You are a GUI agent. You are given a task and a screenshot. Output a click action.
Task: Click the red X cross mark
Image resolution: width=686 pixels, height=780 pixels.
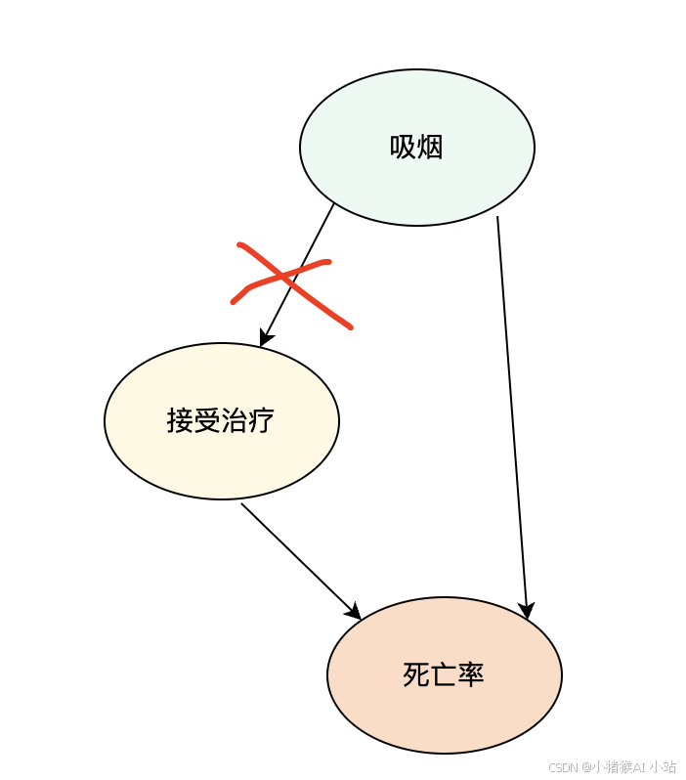[x=291, y=283]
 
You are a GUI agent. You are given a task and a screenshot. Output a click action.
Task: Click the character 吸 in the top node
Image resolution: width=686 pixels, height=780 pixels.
[x=404, y=148]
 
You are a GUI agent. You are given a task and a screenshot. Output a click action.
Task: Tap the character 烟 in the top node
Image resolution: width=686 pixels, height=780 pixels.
[x=430, y=148]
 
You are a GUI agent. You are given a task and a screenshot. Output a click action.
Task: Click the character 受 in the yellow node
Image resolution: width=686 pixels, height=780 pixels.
[x=208, y=421]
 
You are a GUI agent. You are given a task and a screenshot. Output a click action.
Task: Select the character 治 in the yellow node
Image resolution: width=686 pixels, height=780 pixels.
[x=236, y=421]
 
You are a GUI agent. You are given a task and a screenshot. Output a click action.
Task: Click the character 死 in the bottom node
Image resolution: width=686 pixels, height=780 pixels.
[x=416, y=675]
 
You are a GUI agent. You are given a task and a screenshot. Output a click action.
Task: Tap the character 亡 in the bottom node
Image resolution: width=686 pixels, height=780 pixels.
[x=444, y=675]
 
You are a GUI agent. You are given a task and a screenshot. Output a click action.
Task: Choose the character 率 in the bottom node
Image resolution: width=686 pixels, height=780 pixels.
[x=471, y=675]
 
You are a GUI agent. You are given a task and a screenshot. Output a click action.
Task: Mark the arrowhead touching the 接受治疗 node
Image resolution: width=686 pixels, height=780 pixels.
[x=265, y=338]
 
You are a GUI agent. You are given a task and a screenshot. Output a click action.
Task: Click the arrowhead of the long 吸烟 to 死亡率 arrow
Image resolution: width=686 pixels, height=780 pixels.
[x=527, y=611]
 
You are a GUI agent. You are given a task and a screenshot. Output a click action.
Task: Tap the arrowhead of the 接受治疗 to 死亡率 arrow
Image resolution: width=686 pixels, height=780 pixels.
[x=354, y=613]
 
